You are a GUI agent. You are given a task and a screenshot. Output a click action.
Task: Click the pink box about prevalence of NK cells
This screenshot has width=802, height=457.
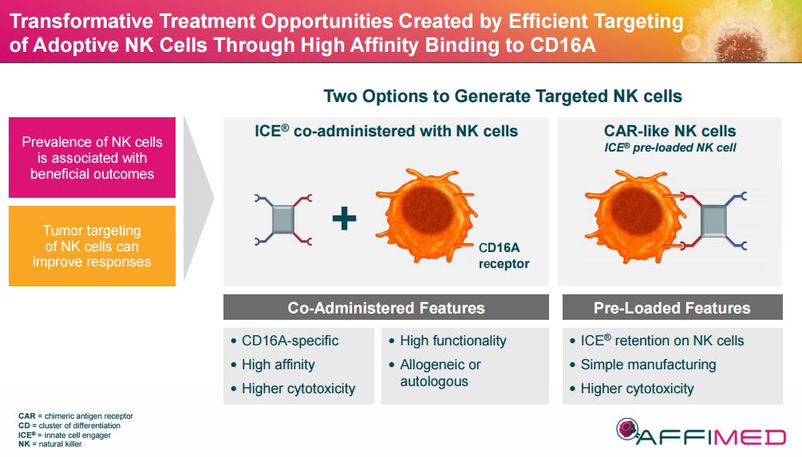click(92, 157)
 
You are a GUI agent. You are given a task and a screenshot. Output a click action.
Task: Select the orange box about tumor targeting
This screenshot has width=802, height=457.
click(92, 246)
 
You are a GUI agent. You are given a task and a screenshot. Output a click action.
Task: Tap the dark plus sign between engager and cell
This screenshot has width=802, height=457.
click(344, 219)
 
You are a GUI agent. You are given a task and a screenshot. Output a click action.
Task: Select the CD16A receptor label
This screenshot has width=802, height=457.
click(504, 255)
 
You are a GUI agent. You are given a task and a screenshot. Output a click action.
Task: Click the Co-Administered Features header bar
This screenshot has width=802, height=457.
click(386, 308)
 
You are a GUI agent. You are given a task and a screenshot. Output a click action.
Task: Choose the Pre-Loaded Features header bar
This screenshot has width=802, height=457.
click(672, 308)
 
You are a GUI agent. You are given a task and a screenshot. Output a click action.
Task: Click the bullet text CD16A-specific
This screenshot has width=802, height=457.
click(290, 341)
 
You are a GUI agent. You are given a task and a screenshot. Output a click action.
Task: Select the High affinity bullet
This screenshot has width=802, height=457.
click(278, 364)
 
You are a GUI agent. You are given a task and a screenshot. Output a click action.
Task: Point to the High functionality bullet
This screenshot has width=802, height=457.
click(452, 341)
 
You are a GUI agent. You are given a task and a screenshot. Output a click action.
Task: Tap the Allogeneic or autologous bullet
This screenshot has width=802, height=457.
click(441, 372)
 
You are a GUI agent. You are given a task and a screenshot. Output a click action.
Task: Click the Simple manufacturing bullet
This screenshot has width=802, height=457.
click(648, 364)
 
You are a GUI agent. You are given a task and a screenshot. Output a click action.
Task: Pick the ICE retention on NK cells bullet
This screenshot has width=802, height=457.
click(662, 341)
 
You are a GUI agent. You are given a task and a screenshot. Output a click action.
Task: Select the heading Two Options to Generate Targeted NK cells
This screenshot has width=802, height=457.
click(503, 97)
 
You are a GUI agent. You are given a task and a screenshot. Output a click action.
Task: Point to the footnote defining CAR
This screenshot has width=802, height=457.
click(76, 416)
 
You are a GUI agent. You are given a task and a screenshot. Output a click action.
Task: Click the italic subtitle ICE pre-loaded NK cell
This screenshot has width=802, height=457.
click(670, 148)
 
